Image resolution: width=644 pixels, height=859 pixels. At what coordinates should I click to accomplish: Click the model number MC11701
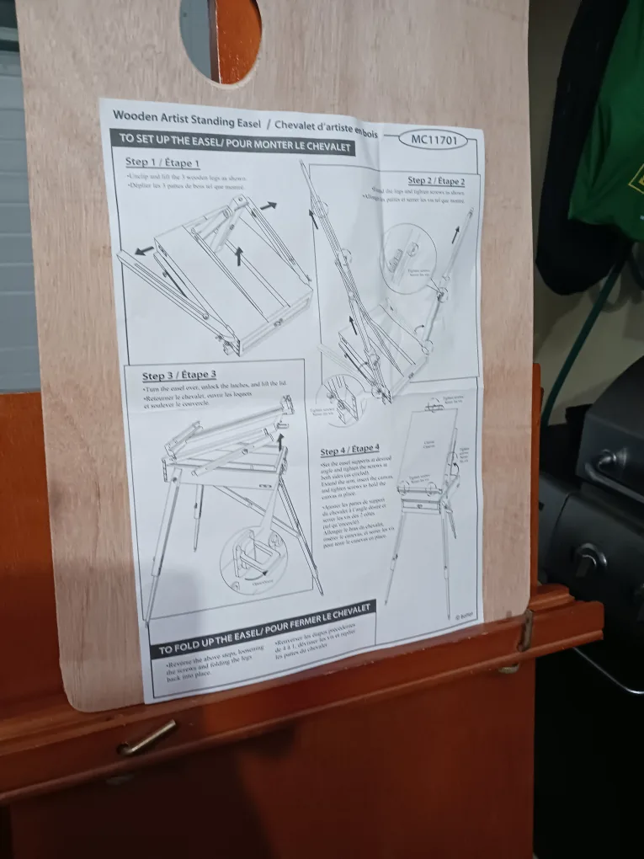434,140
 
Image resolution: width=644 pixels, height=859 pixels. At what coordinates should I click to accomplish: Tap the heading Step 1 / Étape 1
162,163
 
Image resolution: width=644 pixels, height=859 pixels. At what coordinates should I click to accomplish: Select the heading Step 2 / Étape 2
435,180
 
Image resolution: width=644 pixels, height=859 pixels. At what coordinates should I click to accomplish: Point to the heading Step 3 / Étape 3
178,376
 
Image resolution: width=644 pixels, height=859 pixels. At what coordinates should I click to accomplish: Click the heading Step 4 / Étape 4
349,451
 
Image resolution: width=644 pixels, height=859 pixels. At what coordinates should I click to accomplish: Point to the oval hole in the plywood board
220,38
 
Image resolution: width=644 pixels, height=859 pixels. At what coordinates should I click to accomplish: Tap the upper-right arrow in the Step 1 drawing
269,205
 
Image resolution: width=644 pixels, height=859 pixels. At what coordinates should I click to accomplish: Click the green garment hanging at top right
608,126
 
